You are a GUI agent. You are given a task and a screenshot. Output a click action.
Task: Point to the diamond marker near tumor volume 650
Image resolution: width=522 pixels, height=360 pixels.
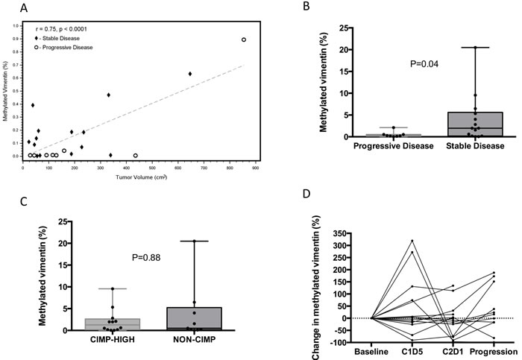pos(190,74)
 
